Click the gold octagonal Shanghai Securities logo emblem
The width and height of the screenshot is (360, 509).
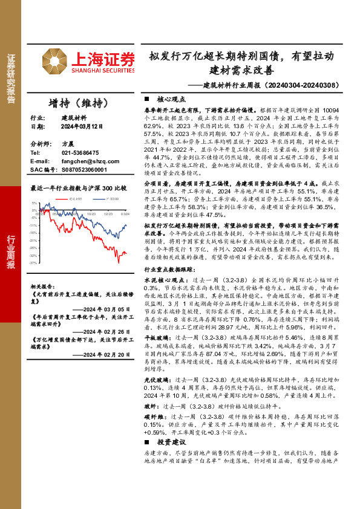(x=55, y=61)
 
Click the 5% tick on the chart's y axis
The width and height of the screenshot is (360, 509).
(x=34, y=203)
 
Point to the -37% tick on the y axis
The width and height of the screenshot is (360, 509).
(x=34, y=264)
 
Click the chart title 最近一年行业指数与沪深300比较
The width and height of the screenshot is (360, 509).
(x=79, y=188)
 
